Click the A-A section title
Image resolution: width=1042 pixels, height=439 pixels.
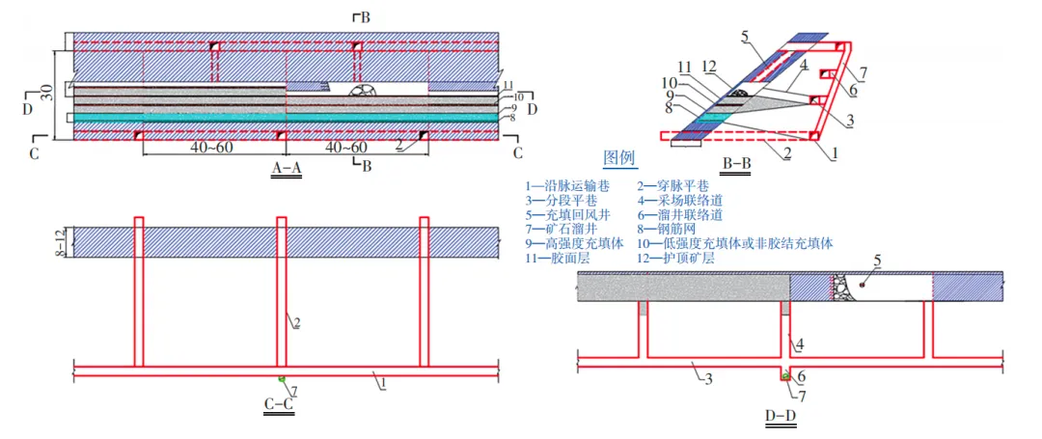[x=287, y=167]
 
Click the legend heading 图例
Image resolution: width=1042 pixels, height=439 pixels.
[x=619, y=157]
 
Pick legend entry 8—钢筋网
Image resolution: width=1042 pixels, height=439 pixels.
[x=667, y=230]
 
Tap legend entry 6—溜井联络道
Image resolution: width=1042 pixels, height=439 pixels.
[x=679, y=215]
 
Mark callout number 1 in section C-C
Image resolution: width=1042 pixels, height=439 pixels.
[x=383, y=383]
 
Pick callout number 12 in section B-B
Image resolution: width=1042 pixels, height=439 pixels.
[x=709, y=66]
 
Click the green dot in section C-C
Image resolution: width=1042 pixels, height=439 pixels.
[x=282, y=377]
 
